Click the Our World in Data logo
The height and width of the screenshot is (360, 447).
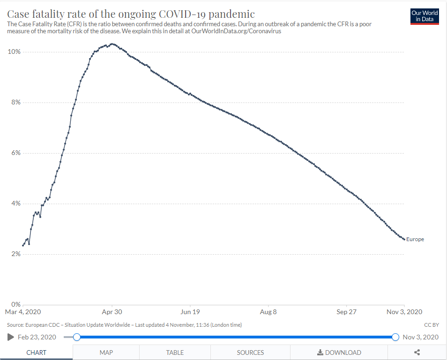425,16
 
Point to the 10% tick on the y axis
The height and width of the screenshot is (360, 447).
14,51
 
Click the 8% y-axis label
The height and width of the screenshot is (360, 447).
15,103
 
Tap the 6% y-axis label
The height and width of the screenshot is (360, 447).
15,153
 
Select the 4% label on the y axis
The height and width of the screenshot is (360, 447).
15,204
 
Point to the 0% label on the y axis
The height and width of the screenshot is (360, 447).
15,305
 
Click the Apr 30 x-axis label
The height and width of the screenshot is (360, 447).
112,312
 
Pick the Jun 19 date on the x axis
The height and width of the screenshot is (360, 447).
191,312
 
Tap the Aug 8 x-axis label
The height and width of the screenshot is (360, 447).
268,312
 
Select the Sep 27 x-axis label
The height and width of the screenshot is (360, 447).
346,312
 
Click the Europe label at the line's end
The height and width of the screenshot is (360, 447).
415,240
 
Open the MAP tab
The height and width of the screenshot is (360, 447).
106,353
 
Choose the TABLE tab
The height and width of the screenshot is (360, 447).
175,353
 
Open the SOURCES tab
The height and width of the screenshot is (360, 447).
250,353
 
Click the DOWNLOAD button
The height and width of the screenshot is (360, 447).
339,353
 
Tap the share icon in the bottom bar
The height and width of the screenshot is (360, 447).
417,353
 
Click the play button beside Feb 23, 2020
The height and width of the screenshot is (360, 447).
11,337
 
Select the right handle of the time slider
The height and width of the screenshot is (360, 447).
395,337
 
